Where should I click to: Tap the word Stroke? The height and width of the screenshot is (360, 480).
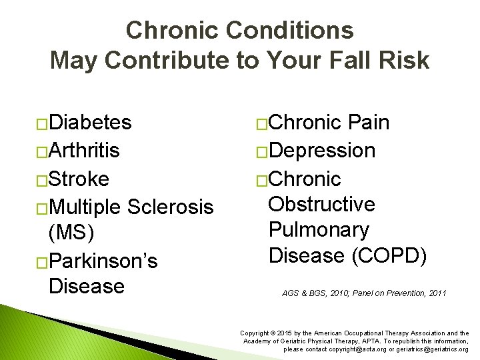79,179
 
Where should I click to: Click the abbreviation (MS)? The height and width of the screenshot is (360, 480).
71,233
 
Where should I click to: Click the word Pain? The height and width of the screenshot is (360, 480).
369,123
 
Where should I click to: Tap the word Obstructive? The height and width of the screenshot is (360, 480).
321,204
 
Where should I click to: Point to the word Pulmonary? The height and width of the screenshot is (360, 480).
318,230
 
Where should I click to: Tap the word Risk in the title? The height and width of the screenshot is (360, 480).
403,61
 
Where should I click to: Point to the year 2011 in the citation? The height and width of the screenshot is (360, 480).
435,293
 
